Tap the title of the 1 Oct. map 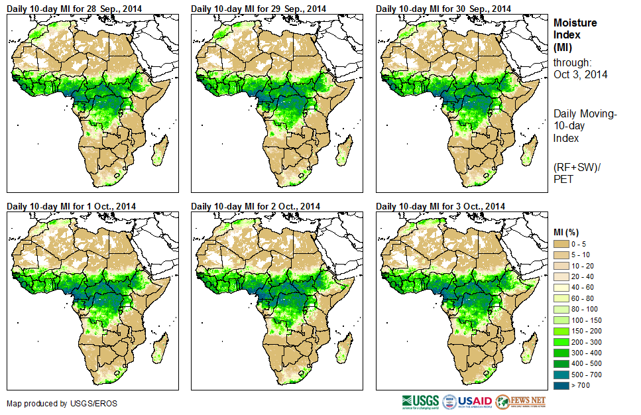click(x=71, y=206)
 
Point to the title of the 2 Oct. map click(x=255, y=206)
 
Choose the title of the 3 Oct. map click(x=440, y=206)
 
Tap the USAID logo click(x=468, y=402)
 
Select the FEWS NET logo click(x=520, y=402)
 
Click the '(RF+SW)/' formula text click(x=575, y=168)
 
